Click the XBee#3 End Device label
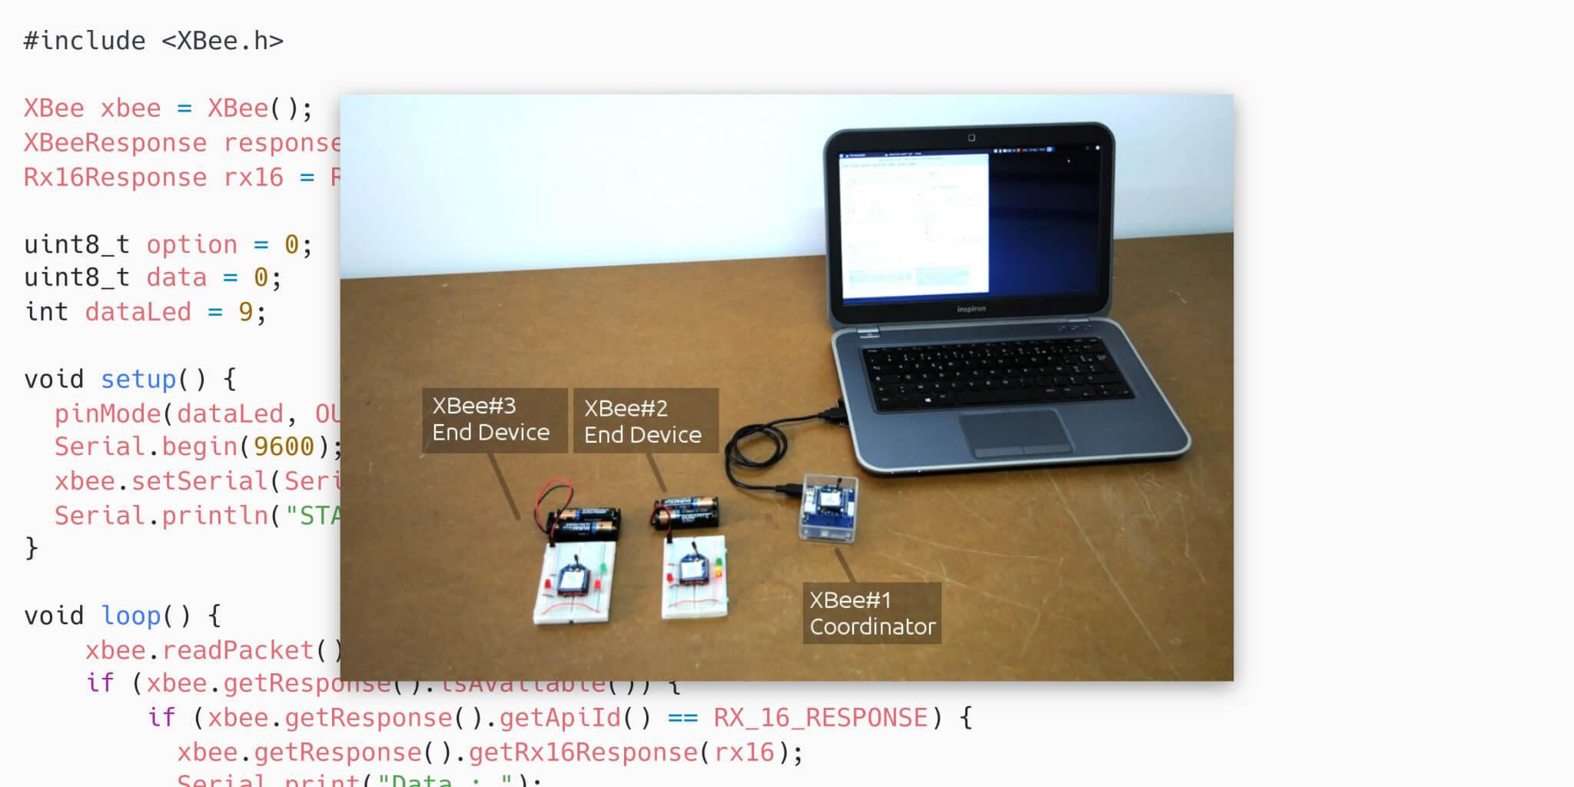click(x=492, y=420)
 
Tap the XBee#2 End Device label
click(x=643, y=421)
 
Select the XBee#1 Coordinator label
click(x=872, y=613)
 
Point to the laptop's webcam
click(x=971, y=138)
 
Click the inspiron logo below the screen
click(x=971, y=309)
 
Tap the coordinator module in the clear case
click(x=829, y=508)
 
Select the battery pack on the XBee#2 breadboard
click(x=686, y=512)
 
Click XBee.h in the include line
click(x=222, y=41)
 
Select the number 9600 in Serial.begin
click(x=284, y=447)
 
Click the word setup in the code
click(x=138, y=379)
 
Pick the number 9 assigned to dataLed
click(x=245, y=311)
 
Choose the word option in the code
click(x=191, y=244)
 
